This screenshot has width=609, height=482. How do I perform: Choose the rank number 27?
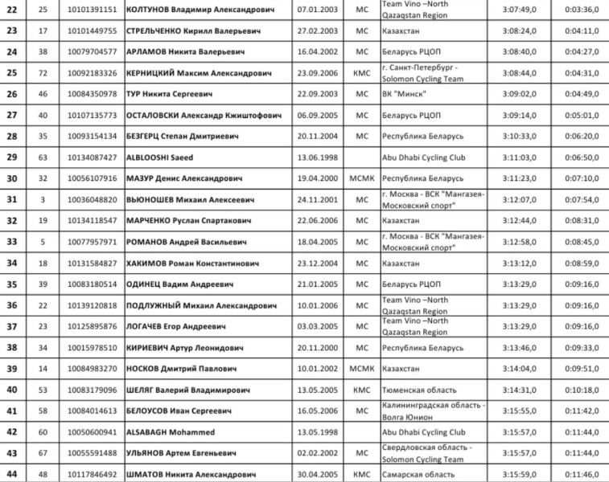[x=12, y=115]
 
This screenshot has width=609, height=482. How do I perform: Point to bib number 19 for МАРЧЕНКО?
[x=43, y=219]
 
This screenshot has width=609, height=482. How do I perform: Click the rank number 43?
[x=12, y=452]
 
